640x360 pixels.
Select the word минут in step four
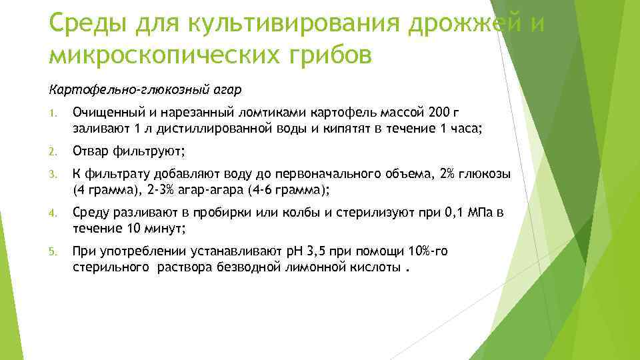tap(164, 229)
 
